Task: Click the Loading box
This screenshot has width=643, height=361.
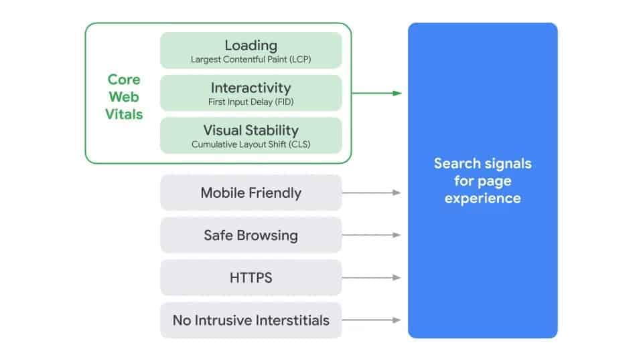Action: [x=251, y=50]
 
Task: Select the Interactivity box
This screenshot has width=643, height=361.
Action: [x=251, y=93]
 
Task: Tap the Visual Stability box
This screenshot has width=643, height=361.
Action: [x=251, y=135]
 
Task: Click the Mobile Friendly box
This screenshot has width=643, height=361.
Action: [x=251, y=193]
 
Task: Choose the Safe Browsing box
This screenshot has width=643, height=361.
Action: [x=251, y=235]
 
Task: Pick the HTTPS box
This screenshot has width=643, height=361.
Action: [x=251, y=277]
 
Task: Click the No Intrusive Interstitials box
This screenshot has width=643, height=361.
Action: [x=251, y=320]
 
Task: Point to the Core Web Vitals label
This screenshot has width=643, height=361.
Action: [x=125, y=97]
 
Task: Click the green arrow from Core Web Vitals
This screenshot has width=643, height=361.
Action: [x=376, y=93]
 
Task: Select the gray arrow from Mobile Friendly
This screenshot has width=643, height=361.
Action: [x=372, y=193]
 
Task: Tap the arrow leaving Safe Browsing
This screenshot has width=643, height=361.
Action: [x=372, y=235]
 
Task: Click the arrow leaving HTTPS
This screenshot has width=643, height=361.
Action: [x=372, y=277]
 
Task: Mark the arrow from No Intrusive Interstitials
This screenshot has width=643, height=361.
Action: [x=372, y=320]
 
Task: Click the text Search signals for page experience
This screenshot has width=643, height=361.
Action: [x=482, y=180]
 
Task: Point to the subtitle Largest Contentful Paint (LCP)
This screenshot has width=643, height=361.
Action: [x=251, y=59]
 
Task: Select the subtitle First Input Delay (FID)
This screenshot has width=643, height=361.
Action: [x=251, y=102]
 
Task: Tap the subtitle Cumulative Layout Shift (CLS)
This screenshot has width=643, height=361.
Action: [x=251, y=144]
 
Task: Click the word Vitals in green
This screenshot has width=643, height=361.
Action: [x=125, y=114]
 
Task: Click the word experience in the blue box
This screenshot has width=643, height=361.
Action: [x=482, y=198]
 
